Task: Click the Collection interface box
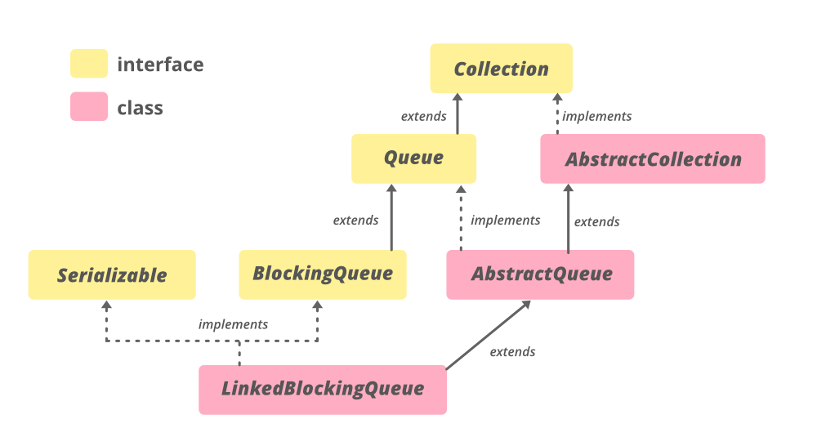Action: click(x=501, y=69)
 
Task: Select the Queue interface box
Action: click(x=413, y=158)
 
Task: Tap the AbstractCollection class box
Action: click(x=652, y=158)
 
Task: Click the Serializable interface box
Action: click(x=112, y=274)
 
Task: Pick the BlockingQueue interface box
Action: click(x=323, y=274)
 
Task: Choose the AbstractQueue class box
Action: click(x=540, y=274)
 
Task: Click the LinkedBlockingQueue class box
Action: click(x=323, y=389)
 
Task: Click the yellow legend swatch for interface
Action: click(x=88, y=64)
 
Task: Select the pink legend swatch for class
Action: click(x=88, y=107)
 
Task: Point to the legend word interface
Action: click(x=160, y=64)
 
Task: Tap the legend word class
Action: click(x=140, y=108)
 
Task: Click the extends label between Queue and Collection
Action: click(x=423, y=116)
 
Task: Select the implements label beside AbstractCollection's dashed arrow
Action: click(x=596, y=116)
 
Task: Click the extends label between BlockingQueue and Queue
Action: click(x=355, y=220)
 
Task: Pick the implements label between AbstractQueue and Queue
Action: click(x=505, y=220)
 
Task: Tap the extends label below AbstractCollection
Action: click(x=596, y=221)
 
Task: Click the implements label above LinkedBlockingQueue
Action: click(x=233, y=324)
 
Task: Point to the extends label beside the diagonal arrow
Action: click(x=512, y=351)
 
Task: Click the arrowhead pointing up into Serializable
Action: click(x=106, y=305)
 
